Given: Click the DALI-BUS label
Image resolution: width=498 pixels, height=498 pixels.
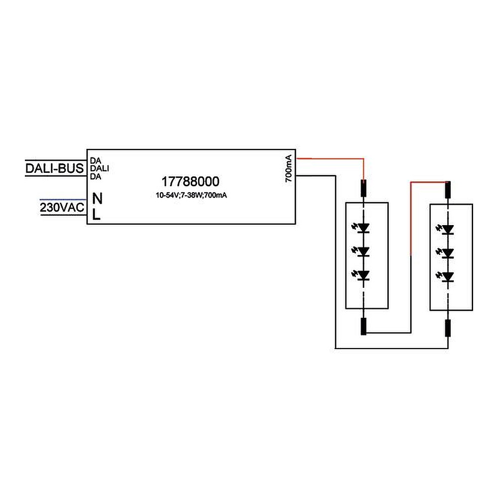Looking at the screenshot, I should (55, 168).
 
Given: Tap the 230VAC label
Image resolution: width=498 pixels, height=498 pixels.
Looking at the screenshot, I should (62, 207).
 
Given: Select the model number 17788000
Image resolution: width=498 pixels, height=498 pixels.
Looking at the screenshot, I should (191, 182).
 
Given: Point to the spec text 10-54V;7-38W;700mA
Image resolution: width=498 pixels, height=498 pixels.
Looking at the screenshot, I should (191, 195).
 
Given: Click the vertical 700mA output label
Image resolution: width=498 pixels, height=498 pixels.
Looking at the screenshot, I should (289, 169).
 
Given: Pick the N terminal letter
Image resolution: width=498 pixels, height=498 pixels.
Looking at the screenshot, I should (98, 199).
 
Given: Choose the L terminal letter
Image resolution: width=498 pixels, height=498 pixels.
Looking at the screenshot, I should (97, 215).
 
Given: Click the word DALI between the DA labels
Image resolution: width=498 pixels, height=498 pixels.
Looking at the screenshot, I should (100, 168).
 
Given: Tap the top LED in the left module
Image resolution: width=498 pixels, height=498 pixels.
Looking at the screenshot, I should (364, 228).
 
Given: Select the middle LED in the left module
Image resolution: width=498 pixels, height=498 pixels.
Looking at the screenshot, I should (364, 251).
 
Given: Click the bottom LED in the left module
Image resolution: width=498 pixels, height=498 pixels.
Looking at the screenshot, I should (364, 275).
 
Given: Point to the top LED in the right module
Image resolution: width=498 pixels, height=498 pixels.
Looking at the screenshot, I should (448, 229).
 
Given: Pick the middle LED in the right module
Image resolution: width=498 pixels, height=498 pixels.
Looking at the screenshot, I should (448, 252).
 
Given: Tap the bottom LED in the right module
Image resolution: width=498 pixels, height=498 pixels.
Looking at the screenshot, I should (448, 276).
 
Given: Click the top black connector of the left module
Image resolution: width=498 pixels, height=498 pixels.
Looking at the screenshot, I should (364, 188).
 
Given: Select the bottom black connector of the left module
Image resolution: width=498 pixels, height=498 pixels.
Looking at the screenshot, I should (364, 327).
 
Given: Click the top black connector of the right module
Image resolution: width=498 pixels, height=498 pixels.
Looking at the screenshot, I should (448, 189).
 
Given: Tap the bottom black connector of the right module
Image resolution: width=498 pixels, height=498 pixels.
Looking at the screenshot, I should (448, 329).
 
